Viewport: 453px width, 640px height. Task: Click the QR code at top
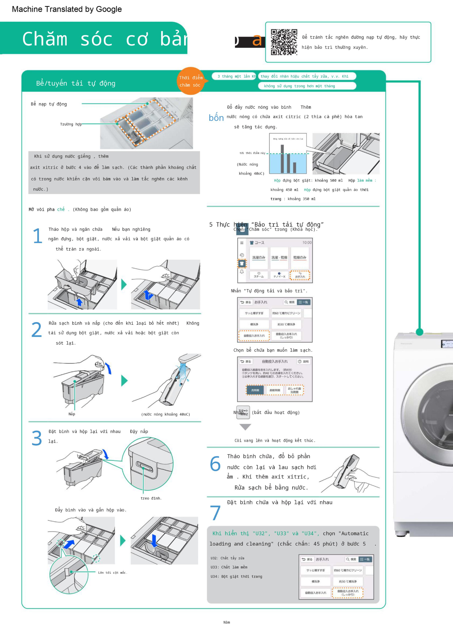coord(284,42)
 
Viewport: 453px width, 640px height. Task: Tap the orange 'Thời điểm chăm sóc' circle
coord(191,81)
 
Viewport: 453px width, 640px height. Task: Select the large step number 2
coord(37,330)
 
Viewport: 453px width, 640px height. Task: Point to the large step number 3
coord(37,438)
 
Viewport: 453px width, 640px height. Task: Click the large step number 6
coord(215,464)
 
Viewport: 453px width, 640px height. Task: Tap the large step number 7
coord(215,513)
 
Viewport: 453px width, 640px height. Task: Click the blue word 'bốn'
coord(216,117)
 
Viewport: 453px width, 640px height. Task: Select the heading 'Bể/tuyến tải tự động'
coord(76,83)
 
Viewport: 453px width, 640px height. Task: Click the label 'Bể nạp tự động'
coord(49,104)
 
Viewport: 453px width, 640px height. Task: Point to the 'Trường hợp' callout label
coord(71,124)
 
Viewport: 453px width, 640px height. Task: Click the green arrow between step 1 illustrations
coord(124,285)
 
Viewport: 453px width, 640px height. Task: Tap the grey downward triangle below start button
coord(245,427)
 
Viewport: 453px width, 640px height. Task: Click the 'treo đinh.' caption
coord(151,498)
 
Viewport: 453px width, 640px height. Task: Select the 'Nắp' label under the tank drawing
coord(72,414)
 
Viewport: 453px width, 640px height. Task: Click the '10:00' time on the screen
coord(307,243)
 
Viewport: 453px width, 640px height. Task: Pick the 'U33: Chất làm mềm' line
coord(229,567)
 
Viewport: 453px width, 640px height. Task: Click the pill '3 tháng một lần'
coord(234,76)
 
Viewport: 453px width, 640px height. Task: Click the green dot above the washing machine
coord(419,332)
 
